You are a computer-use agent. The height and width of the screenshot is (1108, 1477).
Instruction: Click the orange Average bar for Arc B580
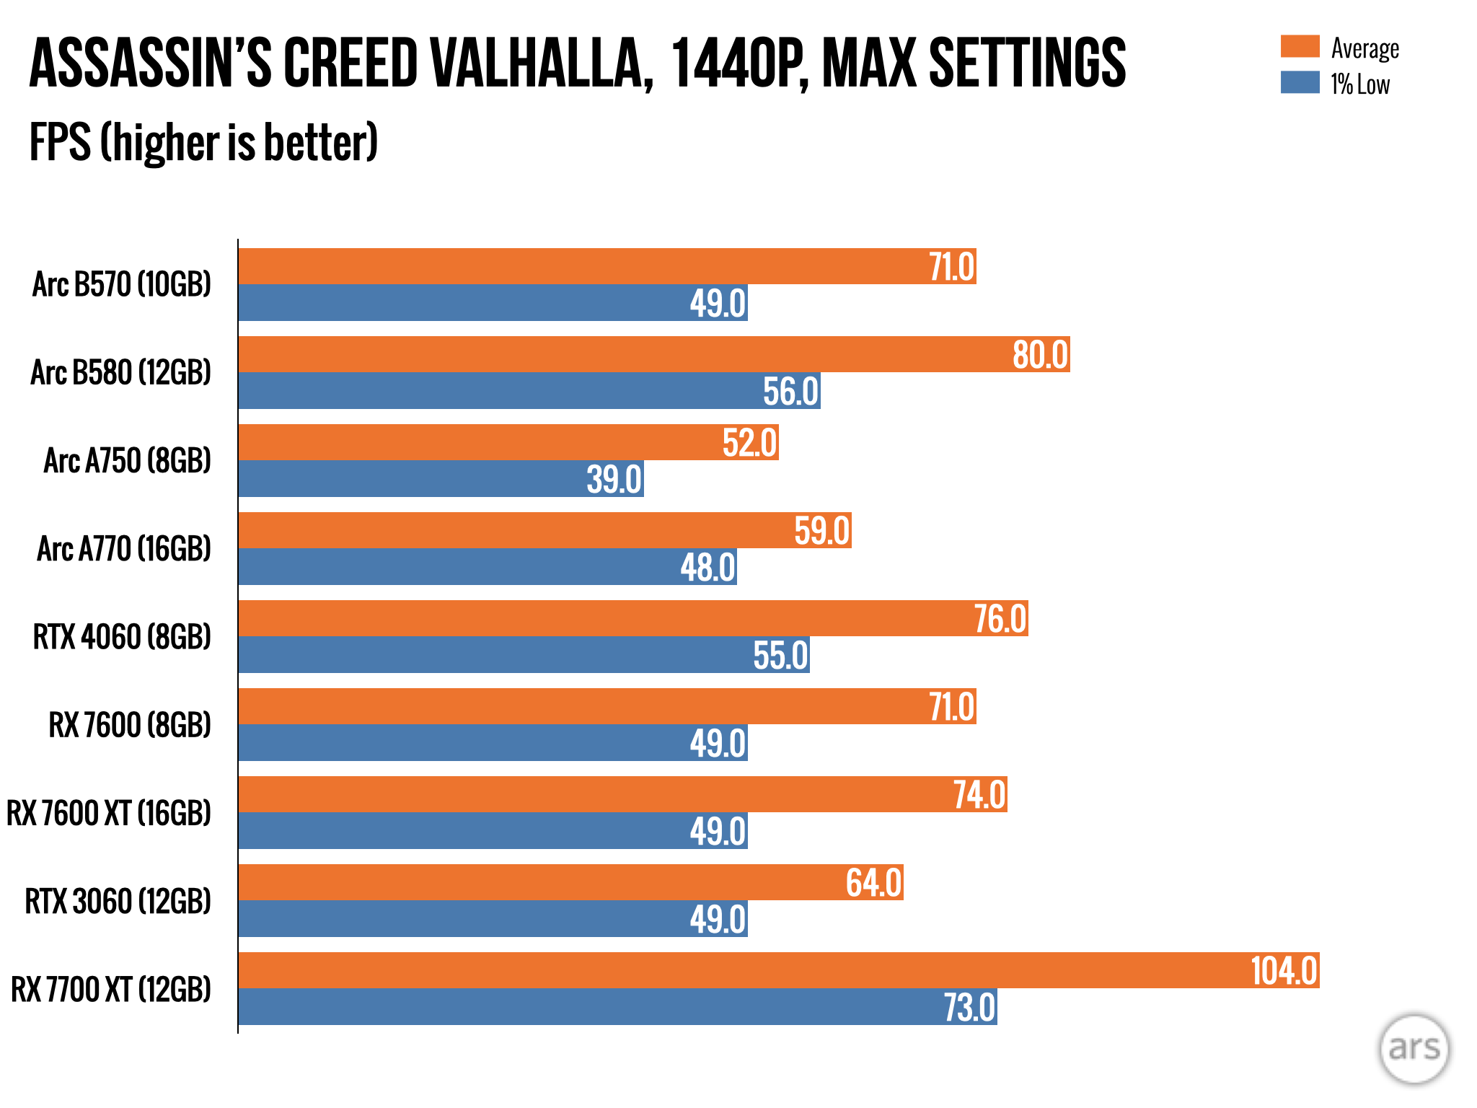(x=620, y=354)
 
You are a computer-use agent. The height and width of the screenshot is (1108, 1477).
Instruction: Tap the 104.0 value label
(x=1284, y=971)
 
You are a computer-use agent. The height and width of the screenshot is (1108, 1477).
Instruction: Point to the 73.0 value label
(x=970, y=1008)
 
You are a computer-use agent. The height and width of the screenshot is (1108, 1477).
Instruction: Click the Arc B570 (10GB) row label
(x=122, y=284)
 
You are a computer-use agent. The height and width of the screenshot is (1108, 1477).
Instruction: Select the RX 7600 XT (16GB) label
(x=109, y=813)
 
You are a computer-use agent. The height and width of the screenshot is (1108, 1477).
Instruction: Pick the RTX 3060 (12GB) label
(x=118, y=901)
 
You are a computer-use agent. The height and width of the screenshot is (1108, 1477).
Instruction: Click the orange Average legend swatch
(x=1300, y=46)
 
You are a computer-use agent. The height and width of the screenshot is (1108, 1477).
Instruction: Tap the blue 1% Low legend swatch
(x=1300, y=82)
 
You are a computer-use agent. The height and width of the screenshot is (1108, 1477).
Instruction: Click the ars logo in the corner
(x=1414, y=1048)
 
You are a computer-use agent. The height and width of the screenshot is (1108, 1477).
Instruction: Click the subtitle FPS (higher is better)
(x=203, y=142)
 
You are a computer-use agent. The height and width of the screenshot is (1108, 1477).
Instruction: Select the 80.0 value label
(x=1039, y=355)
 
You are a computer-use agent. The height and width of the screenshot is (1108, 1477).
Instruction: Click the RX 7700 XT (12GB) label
(x=111, y=989)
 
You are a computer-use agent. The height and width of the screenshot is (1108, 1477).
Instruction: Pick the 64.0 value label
(x=873, y=883)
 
